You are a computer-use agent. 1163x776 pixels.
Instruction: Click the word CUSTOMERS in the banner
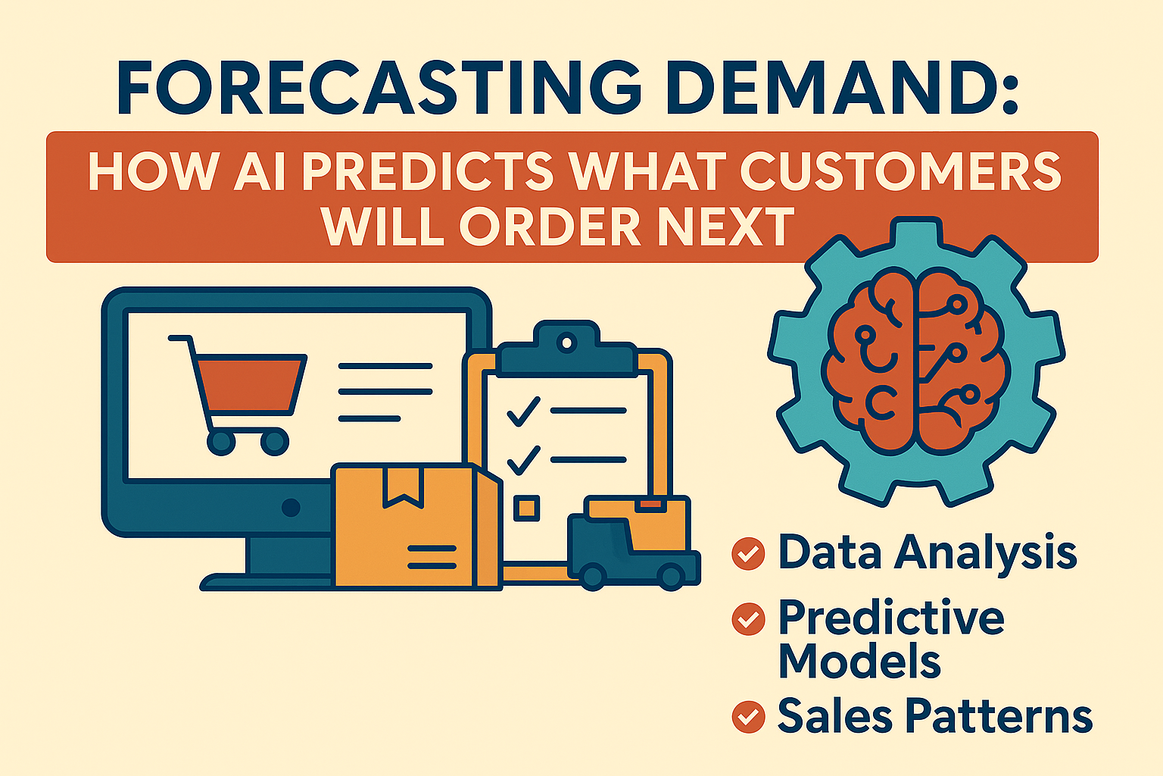click(x=900, y=173)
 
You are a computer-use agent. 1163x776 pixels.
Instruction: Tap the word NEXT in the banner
click(x=727, y=226)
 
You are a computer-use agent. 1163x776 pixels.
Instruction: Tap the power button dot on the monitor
click(x=291, y=507)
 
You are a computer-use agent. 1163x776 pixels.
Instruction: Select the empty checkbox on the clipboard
click(x=526, y=508)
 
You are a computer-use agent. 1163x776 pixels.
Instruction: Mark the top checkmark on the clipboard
click(x=522, y=411)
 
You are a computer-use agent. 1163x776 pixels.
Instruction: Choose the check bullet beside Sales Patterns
click(x=748, y=716)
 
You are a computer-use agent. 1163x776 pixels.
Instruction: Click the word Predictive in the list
click(x=891, y=618)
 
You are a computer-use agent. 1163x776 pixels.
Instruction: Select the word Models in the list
click(x=859, y=661)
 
